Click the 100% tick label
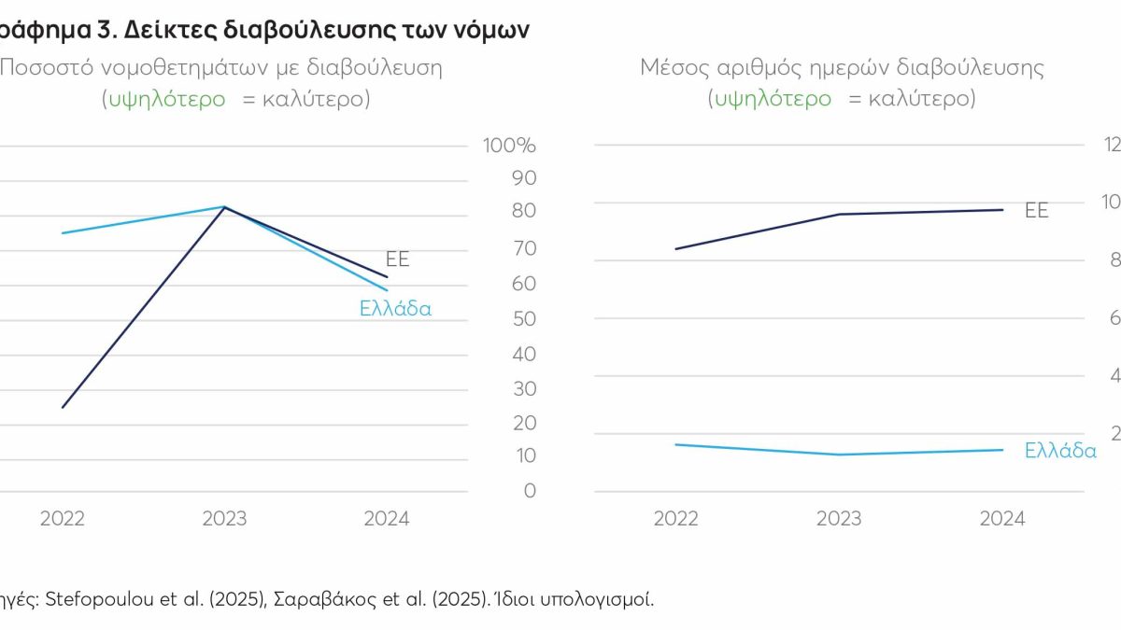point(509,147)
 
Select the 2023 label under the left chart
point(224,519)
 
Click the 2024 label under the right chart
point(1001,519)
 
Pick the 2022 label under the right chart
point(675,519)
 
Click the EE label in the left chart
point(398,259)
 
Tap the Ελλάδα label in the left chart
point(395,309)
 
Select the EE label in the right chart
point(1037,211)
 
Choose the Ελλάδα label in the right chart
point(1060,451)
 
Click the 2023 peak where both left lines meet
point(224,207)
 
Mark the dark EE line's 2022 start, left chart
point(63,408)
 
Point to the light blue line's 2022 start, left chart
point(63,233)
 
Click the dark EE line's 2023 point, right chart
point(839,215)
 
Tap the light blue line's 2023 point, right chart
point(839,455)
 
